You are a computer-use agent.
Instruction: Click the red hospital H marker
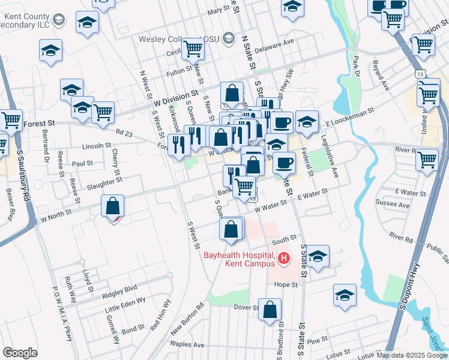[x=284, y=259]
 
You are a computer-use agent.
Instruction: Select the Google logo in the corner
[x=20, y=353]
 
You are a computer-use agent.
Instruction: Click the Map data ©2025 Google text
[x=411, y=355]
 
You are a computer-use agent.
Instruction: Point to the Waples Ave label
[x=187, y=345]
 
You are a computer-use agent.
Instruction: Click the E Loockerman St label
[x=350, y=117]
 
